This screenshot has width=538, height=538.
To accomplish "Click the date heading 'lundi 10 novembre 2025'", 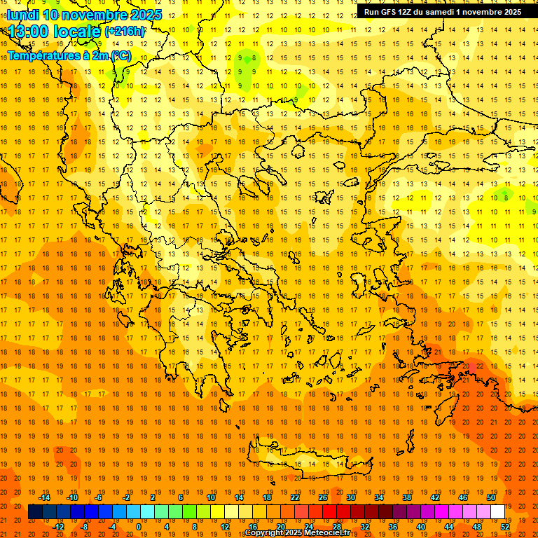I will [84, 15].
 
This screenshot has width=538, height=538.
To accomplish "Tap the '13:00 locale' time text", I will [55, 32].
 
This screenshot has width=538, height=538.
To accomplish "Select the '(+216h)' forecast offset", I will [125, 32].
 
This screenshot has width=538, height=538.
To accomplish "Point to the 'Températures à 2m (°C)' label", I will [69, 55].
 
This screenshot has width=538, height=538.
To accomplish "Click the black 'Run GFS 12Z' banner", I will [442, 12].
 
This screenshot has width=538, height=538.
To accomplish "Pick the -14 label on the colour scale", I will [44, 497].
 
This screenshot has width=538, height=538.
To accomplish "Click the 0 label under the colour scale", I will [138, 526].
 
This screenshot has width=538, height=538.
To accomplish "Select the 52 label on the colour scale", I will [505, 526].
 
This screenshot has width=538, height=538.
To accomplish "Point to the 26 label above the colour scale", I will [323, 497].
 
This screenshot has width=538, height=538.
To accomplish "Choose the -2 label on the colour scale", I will [127, 497].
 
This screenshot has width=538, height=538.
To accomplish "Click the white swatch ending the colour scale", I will [497, 511].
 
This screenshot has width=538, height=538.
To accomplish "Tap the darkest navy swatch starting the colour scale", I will [35, 511].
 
